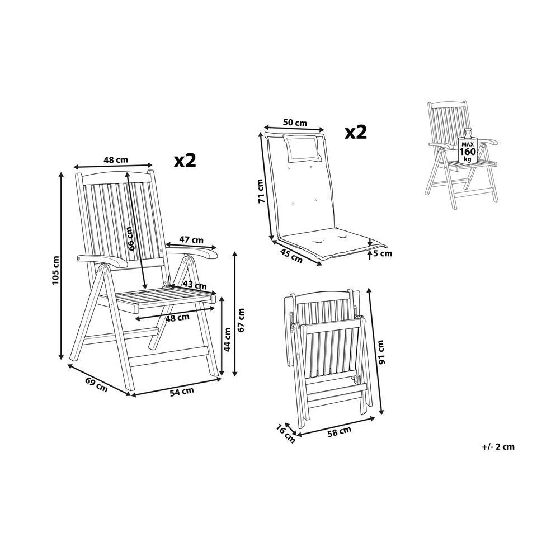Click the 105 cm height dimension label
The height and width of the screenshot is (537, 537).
click(x=55, y=270)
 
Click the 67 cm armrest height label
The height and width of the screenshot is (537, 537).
click(x=242, y=320)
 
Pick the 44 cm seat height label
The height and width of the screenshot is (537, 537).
click(x=228, y=339)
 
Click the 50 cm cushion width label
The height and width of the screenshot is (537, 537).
click(x=295, y=123)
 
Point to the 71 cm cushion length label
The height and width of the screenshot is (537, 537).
click(x=260, y=191)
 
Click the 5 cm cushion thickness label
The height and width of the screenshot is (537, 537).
click(x=383, y=253)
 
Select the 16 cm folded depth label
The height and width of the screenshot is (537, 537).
click(x=285, y=434)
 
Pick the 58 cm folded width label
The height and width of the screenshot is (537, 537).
click(x=338, y=431)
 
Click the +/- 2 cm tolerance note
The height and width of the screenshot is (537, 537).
click(x=497, y=446)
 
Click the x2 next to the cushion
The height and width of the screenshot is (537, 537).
click(x=355, y=133)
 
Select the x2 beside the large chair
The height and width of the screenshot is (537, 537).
click(x=185, y=161)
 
